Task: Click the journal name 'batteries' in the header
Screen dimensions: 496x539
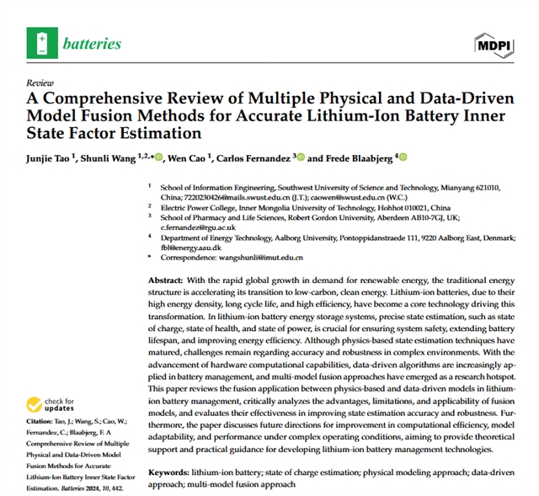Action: pos(91,43)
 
